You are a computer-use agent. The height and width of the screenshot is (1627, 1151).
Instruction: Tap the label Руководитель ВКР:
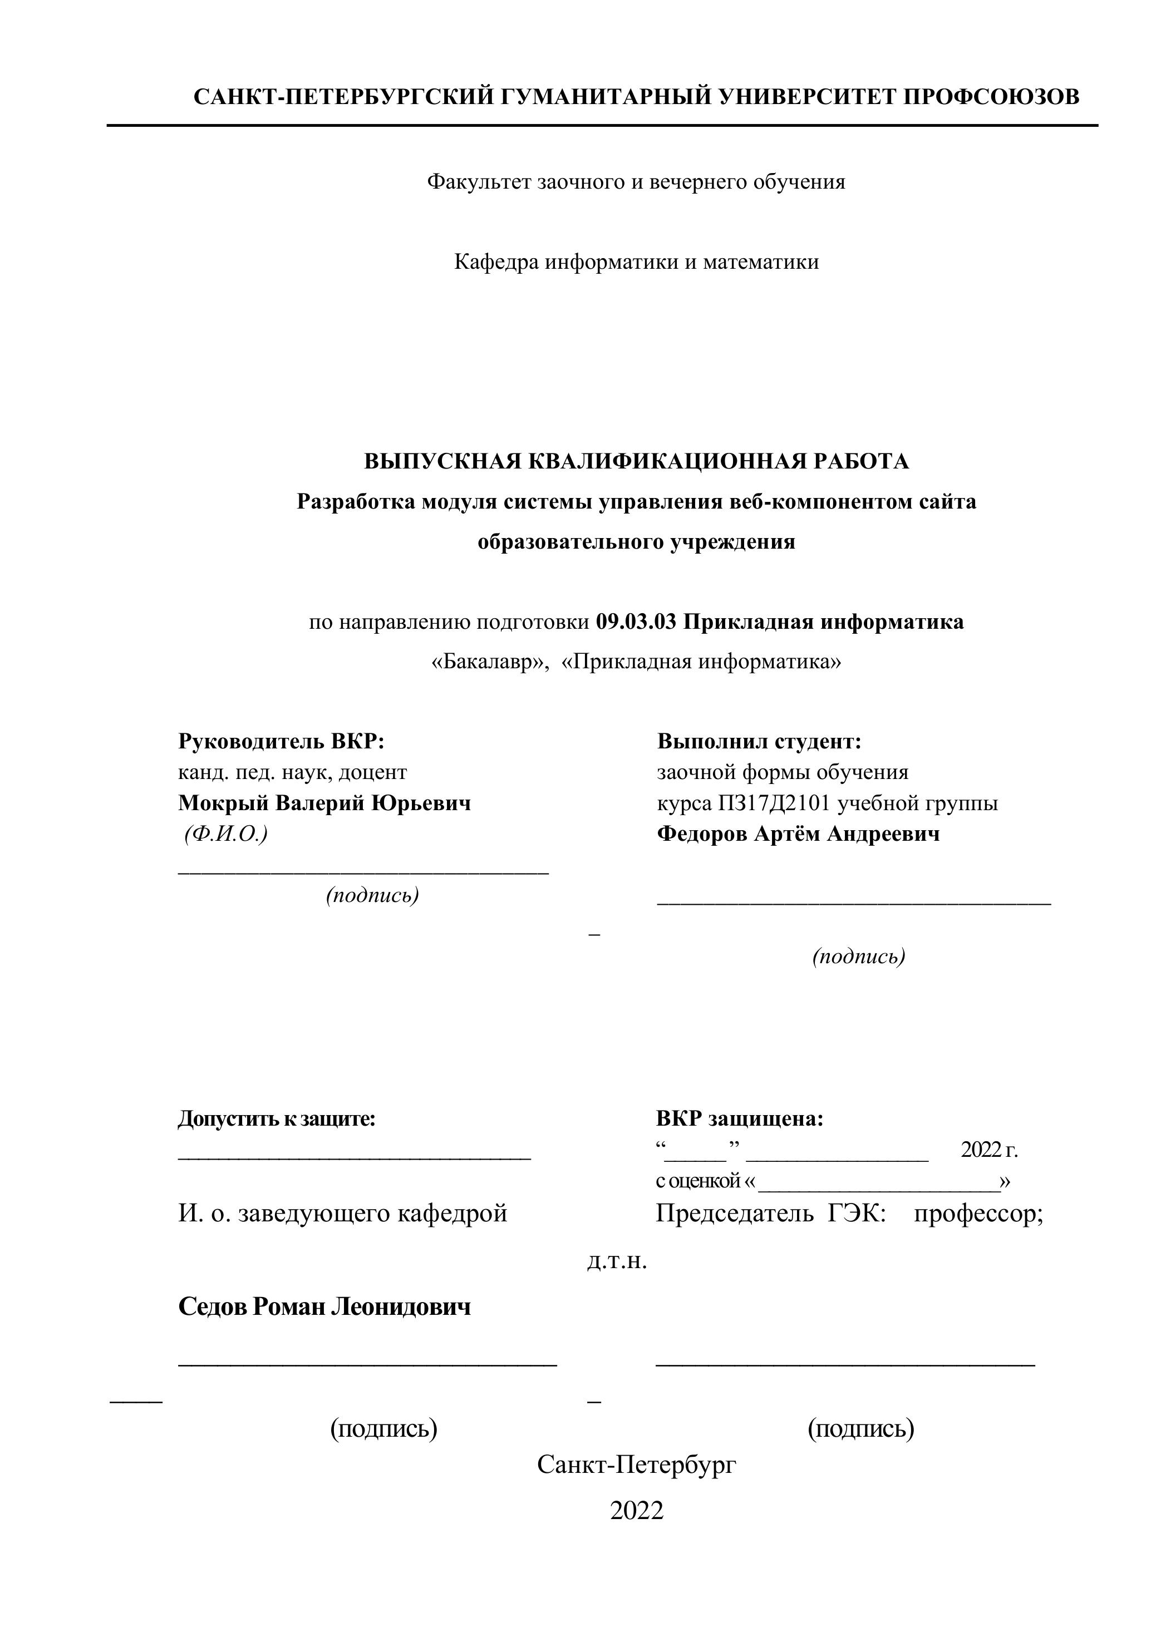click(x=281, y=742)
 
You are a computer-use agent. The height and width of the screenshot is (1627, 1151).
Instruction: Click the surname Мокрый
click(x=223, y=803)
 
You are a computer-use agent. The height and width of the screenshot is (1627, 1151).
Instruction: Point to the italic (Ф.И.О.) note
click(x=225, y=834)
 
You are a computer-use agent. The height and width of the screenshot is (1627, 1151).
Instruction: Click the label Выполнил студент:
click(x=759, y=742)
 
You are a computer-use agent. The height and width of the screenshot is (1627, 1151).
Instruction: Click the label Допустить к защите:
click(x=277, y=1119)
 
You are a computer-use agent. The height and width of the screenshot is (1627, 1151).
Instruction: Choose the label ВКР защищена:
click(x=739, y=1119)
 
